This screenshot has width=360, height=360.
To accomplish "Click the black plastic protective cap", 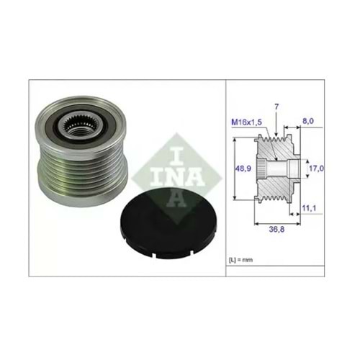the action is tap(168, 226).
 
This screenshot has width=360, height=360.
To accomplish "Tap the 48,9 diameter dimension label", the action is tap(243, 168).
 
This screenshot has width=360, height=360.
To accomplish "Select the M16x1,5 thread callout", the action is tap(246, 122).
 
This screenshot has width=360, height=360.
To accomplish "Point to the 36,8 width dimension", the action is tap(276, 229).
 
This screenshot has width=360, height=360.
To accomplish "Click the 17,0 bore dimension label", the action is tap(316, 168).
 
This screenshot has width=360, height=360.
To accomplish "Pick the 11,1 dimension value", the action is tap(309, 208).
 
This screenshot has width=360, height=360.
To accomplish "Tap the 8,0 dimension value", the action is tap(308, 121).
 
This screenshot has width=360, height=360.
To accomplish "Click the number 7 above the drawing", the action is tap(276, 107).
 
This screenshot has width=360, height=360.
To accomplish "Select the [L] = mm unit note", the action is tap(240, 260).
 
